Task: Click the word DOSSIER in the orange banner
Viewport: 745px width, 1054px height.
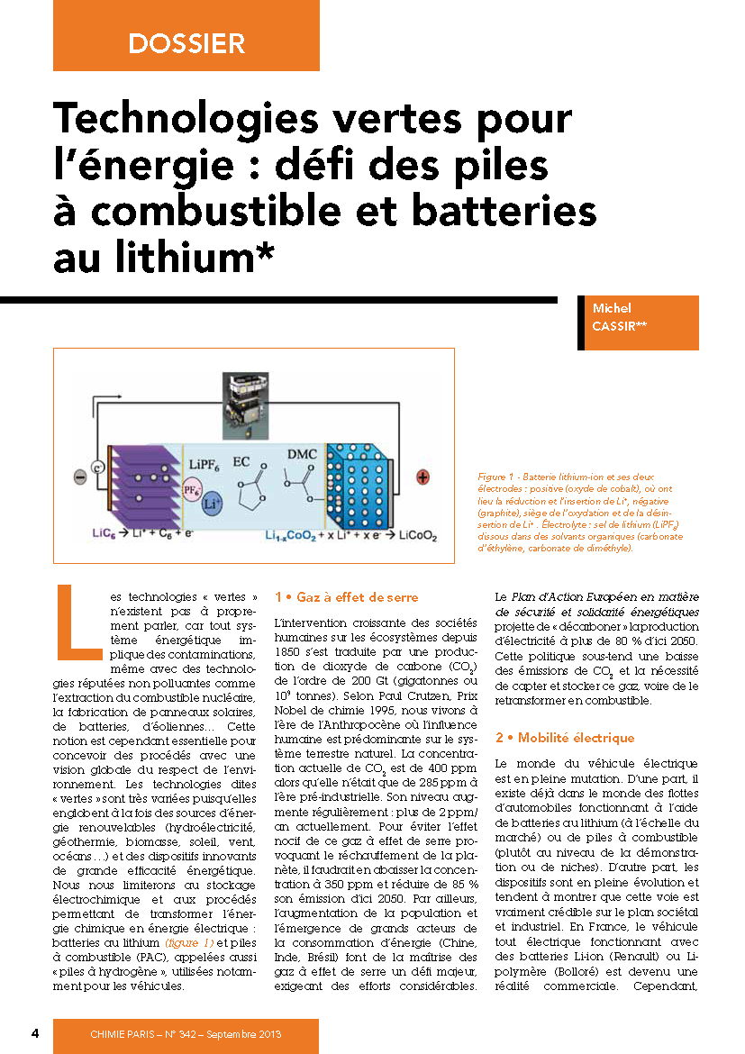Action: click(x=186, y=43)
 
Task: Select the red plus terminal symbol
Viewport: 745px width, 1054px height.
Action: click(x=422, y=478)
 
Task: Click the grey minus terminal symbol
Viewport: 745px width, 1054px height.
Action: click(x=79, y=477)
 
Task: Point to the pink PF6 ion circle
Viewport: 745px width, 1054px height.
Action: click(x=191, y=491)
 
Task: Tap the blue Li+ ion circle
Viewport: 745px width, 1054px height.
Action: click(x=213, y=504)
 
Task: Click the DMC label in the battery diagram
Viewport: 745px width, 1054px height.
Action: click(x=301, y=454)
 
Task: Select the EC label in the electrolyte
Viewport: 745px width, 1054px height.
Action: click(x=241, y=461)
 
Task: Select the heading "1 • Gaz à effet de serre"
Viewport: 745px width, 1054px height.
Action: click(x=346, y=597)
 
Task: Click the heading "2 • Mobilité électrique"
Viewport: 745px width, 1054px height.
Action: click(x=565, y=738)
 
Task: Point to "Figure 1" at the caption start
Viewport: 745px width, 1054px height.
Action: click(x=497, y=477)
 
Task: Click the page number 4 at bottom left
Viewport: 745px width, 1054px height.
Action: click(x=35, y=1032)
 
